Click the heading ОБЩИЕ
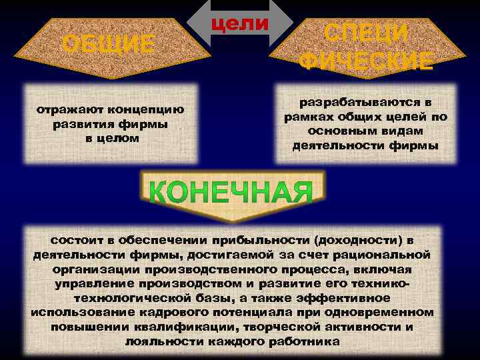[x=108, y=45]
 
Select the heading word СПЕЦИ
[x=365, y=33]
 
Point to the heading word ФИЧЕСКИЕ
[x=365, y=61]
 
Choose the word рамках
[x=310, y=117]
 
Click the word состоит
[x=74, y=239]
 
